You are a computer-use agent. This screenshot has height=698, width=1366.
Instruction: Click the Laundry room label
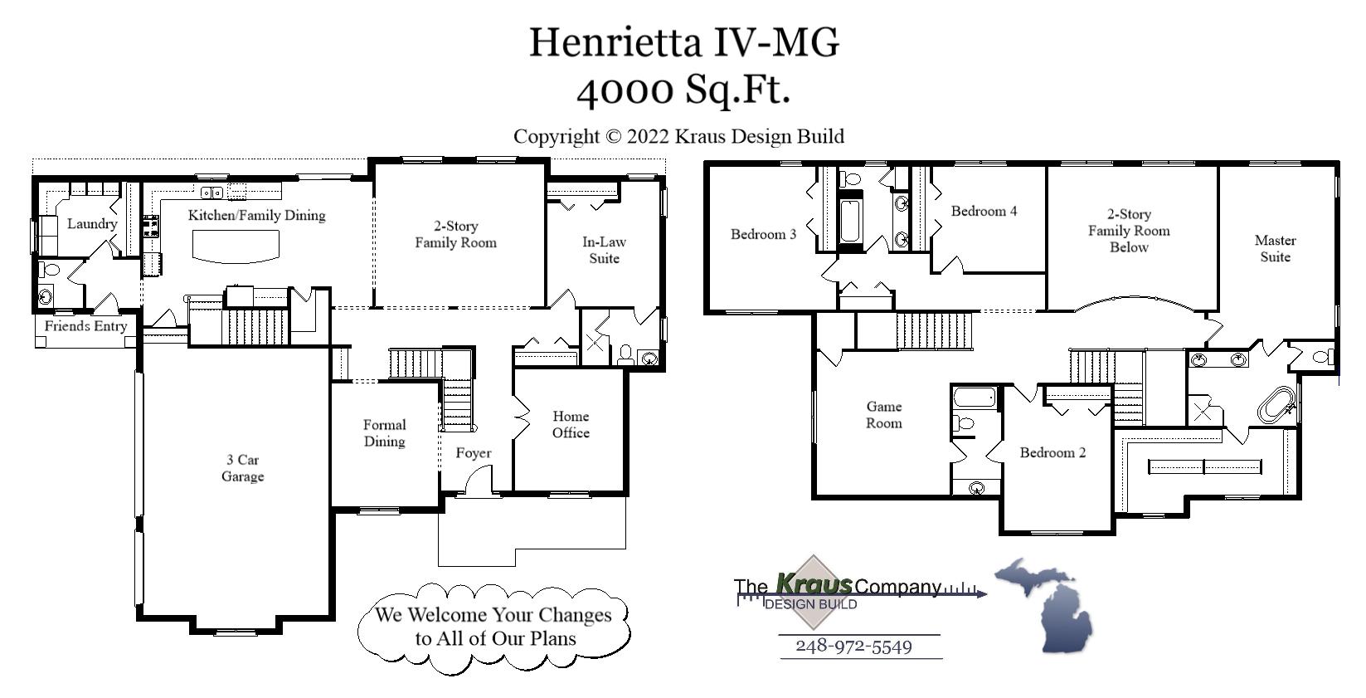pyautogui.click(x=92, y=224)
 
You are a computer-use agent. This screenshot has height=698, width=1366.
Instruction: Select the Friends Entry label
pyautogui.click(x=85, y=326)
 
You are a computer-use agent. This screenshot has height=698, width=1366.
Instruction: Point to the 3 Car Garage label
pyautogui.click(x=242, y=468)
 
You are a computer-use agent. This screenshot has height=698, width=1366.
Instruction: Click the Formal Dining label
pyautogui.click(x=384, y=433)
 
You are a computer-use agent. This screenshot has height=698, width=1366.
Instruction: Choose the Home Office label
pyautogui.click(x=571, y=424)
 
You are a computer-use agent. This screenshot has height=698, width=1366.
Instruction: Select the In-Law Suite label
pyautogui.click(x=604, y=250)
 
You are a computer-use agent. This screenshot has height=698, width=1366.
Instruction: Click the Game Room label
pyautogui.click(x=883, y=415)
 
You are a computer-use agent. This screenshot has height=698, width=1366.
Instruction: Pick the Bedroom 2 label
pyautogui.click(x=1052, y=452)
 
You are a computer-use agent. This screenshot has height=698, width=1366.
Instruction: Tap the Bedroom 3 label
pyautogui.click(x=763, y=234)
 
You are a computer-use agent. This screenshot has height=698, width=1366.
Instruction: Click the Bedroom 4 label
pyautogui.click(x=984, y=211)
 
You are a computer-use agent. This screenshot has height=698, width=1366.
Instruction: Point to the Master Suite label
pyautogui.click(x=1275, y=248)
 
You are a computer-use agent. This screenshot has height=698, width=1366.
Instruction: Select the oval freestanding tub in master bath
pyautogui.click(x=1275, y=404)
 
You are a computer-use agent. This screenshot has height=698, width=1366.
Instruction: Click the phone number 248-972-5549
pyautogui.click(x=853, y=647)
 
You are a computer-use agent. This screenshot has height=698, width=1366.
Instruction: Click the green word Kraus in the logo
pyautogui.click(x=814, y=584)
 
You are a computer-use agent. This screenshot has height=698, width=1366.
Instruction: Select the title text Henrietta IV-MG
pyautogui.click(x=683, y=41)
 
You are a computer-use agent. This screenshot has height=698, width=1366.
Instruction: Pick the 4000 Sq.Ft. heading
pyautogui.click(x=683, y=90)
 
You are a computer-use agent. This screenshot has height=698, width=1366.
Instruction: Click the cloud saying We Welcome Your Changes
pyautogui.click(x=493, y=627)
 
